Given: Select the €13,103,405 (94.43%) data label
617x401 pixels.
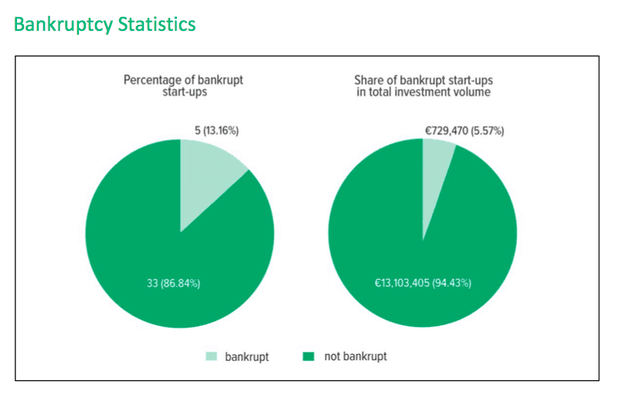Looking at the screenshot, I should (422, 283).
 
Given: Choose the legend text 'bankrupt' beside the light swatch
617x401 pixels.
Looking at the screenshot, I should (247, 356).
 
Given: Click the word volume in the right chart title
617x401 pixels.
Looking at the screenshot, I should (476, 93).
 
